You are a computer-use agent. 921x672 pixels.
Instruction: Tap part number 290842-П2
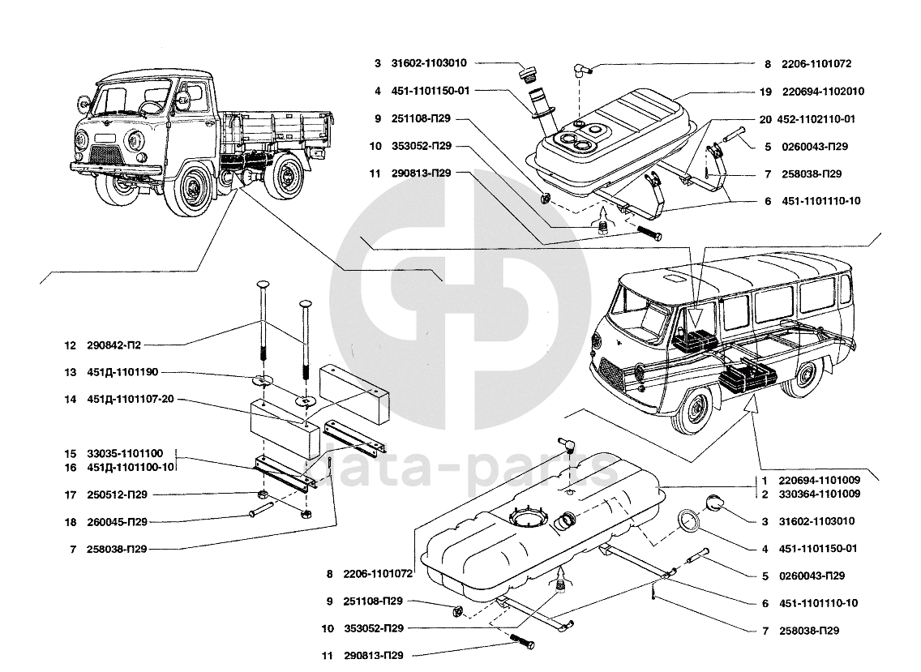pos(114,345)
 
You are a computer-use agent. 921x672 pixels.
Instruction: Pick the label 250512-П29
pos(117,494)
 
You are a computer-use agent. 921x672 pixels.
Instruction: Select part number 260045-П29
pos(117,522)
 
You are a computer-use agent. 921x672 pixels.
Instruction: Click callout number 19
pos(765,92)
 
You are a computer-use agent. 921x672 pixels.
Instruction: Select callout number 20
pos(765,119)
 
